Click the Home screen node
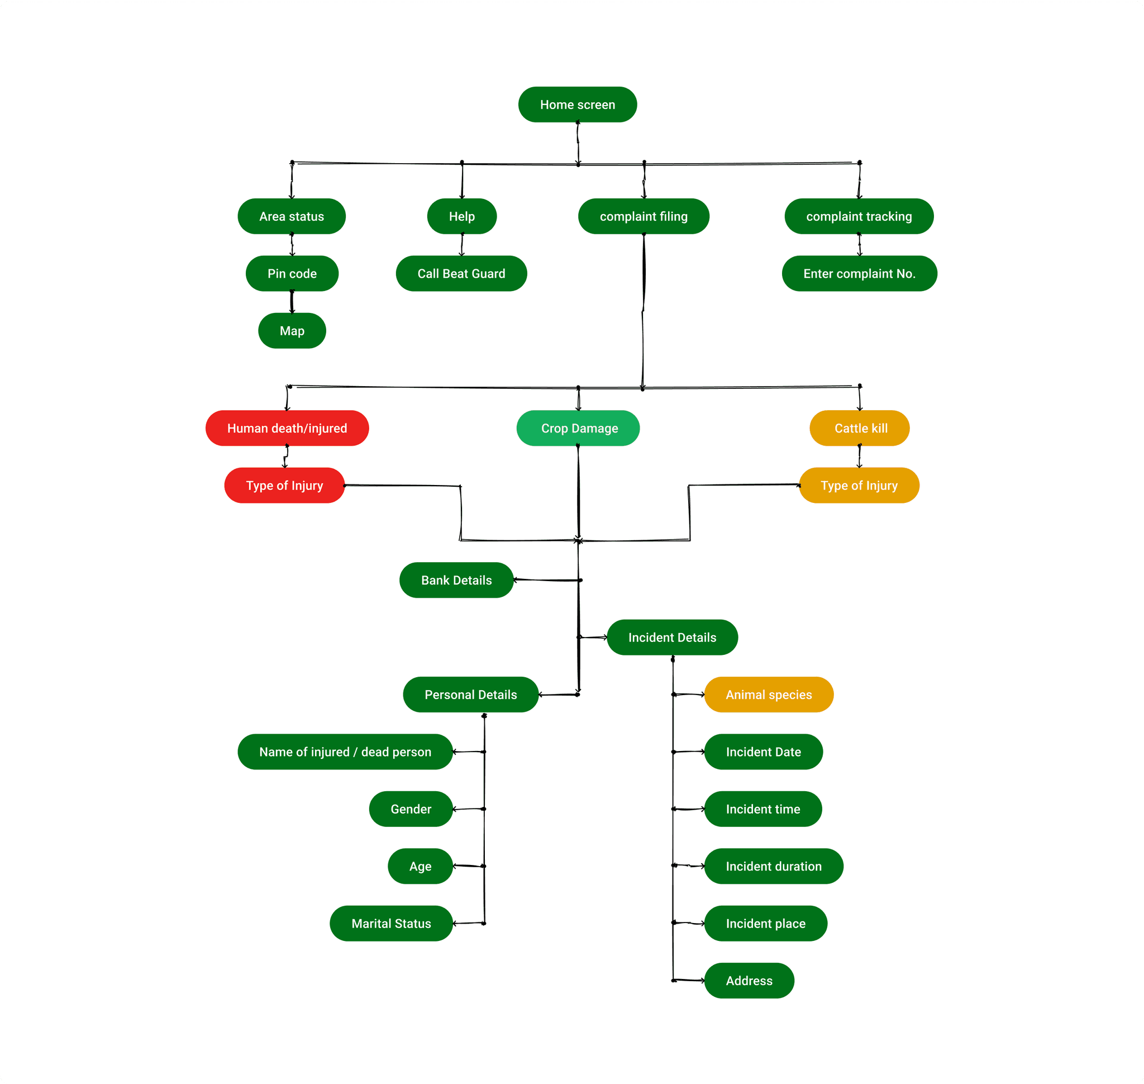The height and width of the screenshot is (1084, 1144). click(x=577, y=104)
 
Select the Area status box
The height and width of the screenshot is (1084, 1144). click(x=291, y=216)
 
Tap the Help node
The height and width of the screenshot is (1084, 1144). click(x=461, y=216)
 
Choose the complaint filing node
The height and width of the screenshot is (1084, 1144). click(x=643, y=216)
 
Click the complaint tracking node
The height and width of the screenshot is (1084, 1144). click(x=859, y=216)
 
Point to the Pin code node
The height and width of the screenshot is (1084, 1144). click(x=292, y=273)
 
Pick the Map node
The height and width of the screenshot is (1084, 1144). click(x=292, y=331)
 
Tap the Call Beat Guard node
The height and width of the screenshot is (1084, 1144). click(x=461, y=273)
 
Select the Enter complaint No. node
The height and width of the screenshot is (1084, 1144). click(x=859, y=273)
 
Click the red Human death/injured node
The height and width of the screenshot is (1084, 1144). click(x=287, y=428)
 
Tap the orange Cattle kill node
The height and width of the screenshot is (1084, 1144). click(x=859, y=428)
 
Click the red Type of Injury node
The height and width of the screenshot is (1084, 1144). click(x=284, y=486)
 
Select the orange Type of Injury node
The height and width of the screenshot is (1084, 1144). click(x=859, y=486)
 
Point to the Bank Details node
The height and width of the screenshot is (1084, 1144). click(x=456, y=580)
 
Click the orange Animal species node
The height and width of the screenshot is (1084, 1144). click(x=769, y=695)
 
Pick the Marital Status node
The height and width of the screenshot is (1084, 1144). click(x=390, y=924)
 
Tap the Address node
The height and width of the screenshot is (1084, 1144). click(x=749, y=981)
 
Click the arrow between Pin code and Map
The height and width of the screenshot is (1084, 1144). click(x=292, y=302)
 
